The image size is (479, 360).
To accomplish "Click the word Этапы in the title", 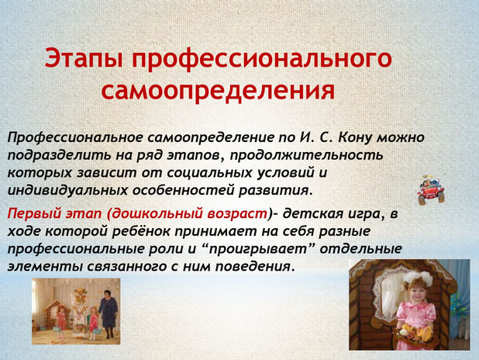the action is coord(84,58).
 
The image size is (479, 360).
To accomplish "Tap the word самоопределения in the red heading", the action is coord(218,90).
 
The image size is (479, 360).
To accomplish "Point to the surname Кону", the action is coord(355,137).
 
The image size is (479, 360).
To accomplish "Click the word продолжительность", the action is coord(306,155).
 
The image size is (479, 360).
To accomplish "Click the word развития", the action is coord(276,191).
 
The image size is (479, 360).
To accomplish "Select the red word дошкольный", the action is coord(157,214).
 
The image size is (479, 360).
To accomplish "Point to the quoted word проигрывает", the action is coord(258,249).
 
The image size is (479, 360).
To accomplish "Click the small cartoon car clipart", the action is coord(431,190).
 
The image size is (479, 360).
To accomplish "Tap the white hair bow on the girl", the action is coord(419,279).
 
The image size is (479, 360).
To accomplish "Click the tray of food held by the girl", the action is coord(414,333).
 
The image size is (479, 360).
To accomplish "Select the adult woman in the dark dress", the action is coord(108,313).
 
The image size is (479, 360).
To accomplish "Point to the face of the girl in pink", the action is coord(416,293).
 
